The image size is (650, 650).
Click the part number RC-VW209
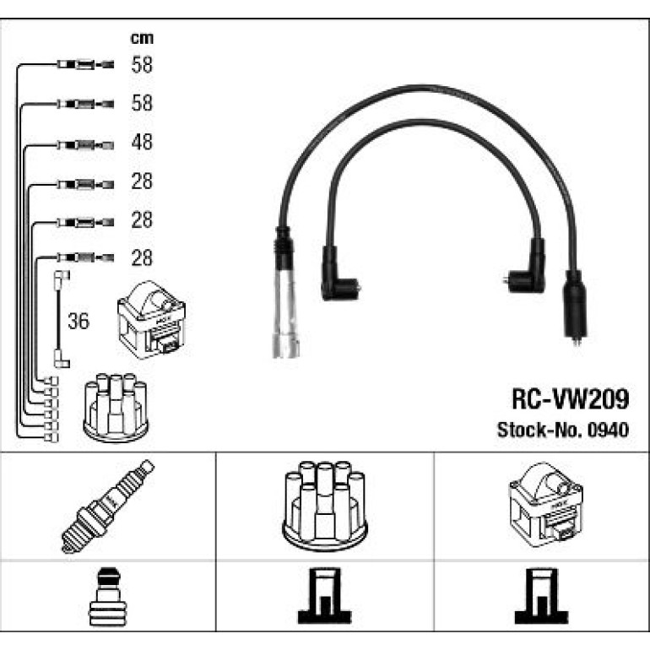[x=571, y=398]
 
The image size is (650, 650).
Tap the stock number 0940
[x=609, y=430]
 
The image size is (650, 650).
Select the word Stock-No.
[x=540, y=430]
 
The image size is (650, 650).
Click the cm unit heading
[x=142, y=38]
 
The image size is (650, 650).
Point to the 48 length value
[x=142, y=142]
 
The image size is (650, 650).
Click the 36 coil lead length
[x=79, y=322]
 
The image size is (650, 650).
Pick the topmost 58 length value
[x=142, y=65]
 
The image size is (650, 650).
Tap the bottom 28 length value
[x=142, y=257]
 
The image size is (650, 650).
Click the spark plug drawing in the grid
[x=108, y=506]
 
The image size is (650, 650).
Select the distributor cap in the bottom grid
[x=325, y=506]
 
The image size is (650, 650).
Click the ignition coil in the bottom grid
[x=545, y=505]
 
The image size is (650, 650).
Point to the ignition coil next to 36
[x=151, y=320]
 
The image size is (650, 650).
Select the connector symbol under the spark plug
[x=107, y=597]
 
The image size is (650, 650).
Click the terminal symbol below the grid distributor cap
[x=325, y=596]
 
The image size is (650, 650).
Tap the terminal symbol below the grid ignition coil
[x=541, y=596]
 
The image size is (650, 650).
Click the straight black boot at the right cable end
[x=575, y=307]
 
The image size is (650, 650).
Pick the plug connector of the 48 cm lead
[x=85, y=145]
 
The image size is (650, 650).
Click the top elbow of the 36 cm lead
[x=62, y=276]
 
